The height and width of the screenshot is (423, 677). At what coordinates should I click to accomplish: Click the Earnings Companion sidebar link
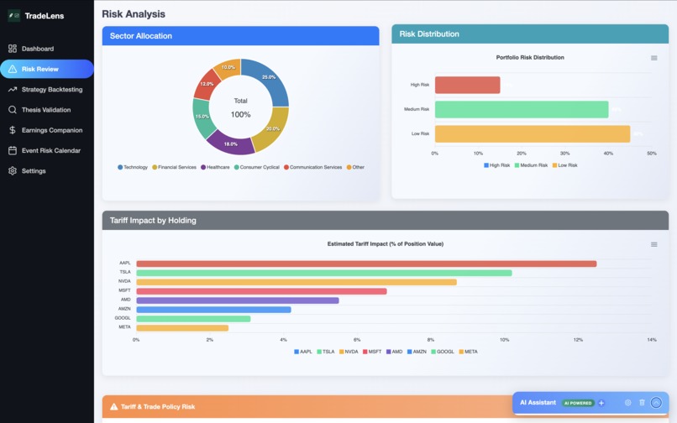pyautogui.click(x=51, y=130)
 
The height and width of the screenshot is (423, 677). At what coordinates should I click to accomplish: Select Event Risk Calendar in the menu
pyautogui.click(x=50, y=150)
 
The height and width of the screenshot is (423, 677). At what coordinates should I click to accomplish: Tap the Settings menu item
pyautogui.click(x=34, y=171)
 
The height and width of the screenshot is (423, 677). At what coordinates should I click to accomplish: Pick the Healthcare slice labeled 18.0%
pyautogui.click(x=230, y=142)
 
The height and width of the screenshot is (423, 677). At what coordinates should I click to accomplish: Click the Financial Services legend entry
pyautogui.click(x=174, y=167)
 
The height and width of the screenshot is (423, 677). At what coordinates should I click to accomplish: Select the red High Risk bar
pyautogui.click(x=467, y=85)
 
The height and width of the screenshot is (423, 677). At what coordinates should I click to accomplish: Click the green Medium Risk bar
pyautogui.click(x=521, y=109)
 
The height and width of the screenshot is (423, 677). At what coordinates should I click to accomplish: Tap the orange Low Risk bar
pyautogui.click(x=532, y=133)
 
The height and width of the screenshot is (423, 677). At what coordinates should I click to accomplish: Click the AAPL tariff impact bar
pyautogui.click(x=366, y=264)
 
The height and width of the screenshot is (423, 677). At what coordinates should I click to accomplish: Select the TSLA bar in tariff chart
pyautogui.click(x=323, y=273)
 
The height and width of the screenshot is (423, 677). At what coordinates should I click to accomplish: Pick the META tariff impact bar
pyautogui.click(x=181, y=327)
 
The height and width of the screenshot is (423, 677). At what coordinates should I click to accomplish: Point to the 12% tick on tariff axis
pyautogui.click(x=578, y=340)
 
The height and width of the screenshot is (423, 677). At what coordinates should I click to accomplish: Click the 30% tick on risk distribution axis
pyautogui.click(x=564, y=154)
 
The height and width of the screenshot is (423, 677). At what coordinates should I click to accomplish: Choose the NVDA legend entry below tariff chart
pyautogui.click(x=350, y=352)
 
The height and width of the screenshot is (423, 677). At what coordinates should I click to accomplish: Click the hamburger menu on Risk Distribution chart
pyautogui.click(x=654, y=58)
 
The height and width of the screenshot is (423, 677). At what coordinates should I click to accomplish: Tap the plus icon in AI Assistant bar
pyautogui.click(x=601, y=403)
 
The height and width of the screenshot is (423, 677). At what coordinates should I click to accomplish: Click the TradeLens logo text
pyautogui.click(x=45, y=15)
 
